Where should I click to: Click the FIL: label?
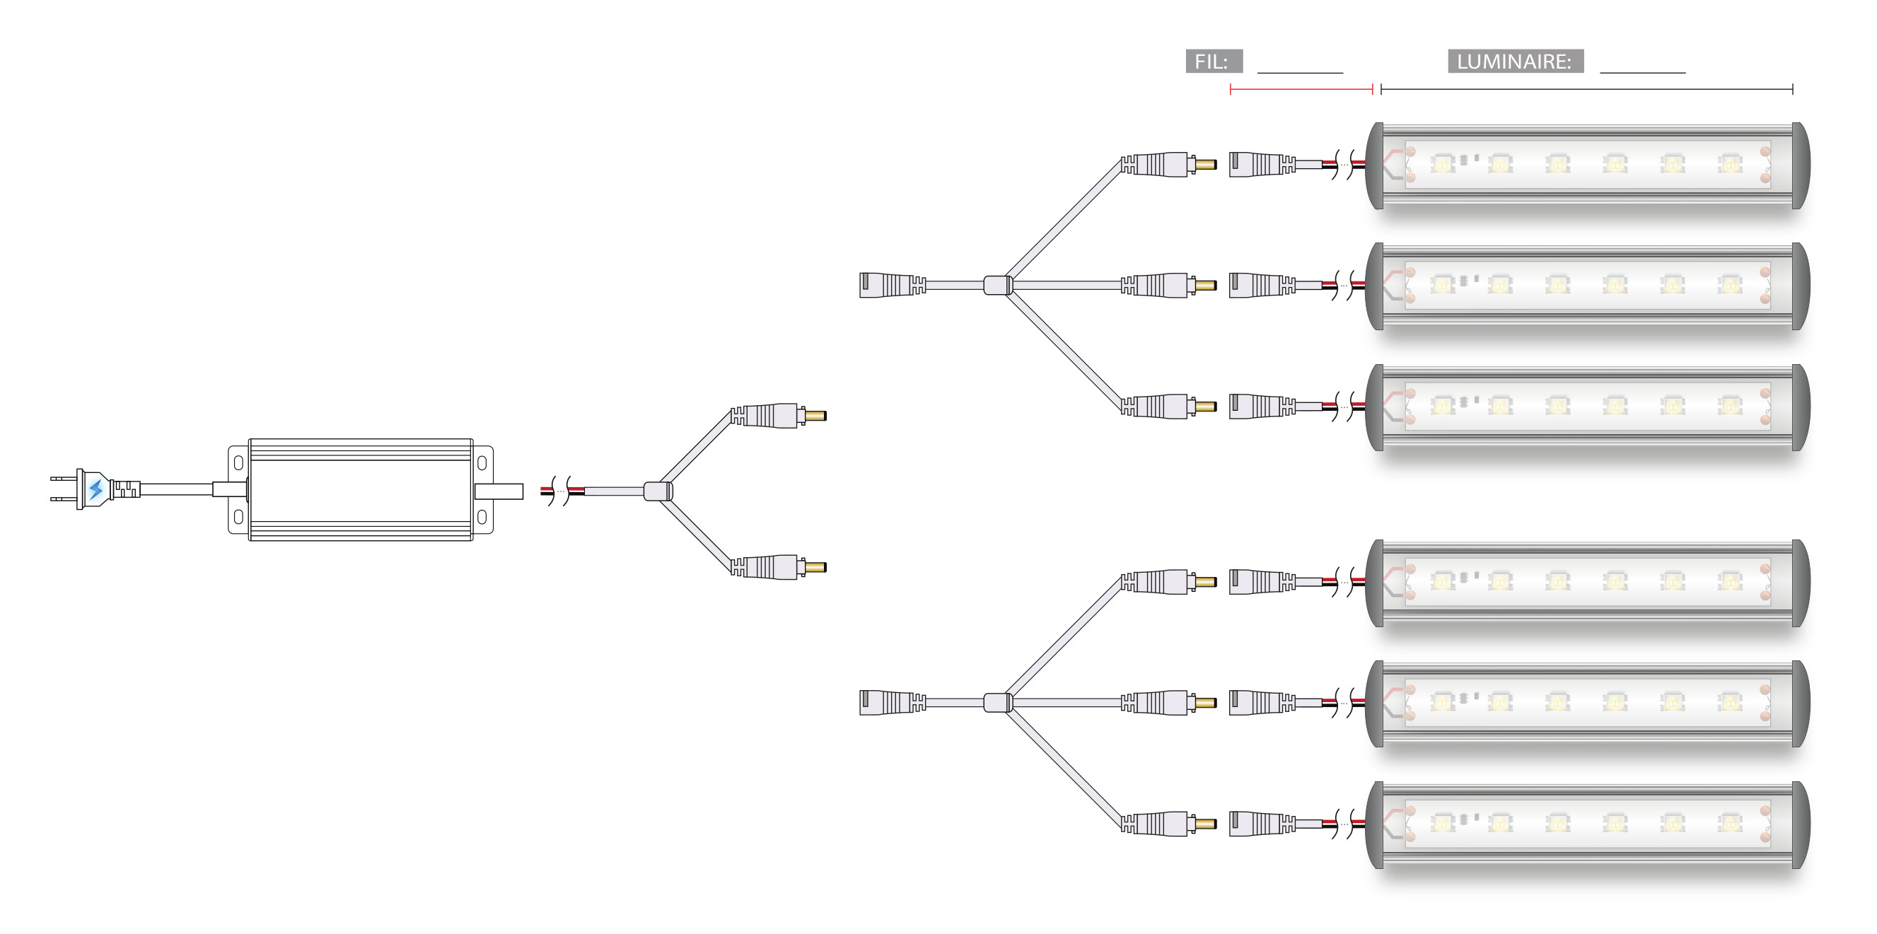click(1213, 62)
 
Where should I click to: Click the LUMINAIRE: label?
click(1515, 62)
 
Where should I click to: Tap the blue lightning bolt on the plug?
click(95, 489)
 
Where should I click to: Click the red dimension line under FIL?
click(1301, 90)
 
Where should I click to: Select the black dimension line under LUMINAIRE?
click(1586, 90)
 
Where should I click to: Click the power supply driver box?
click(360, 489)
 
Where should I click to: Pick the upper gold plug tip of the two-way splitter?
click(815, 416)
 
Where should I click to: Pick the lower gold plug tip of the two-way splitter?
click(815, 567)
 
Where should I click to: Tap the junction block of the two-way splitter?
click(657, 492)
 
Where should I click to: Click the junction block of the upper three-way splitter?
click(997, 285)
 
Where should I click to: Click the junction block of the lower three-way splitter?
click(997, 702)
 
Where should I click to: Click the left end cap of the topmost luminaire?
click(1375, 165)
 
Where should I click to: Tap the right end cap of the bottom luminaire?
click(1801, 824)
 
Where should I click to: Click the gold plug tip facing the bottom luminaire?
click(1206, 824)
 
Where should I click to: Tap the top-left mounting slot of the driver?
click(238, 462)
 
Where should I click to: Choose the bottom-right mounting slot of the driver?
click(482, 517)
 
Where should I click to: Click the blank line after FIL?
click(1300, 71)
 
